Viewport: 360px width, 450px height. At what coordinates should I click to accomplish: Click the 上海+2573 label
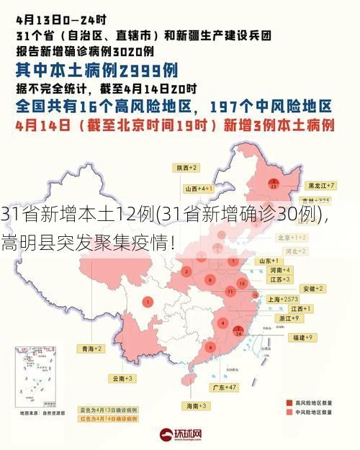point(282,298)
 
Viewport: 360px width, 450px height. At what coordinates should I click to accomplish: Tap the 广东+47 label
point(225,387)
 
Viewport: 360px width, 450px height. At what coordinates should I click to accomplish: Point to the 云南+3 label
point(123,377)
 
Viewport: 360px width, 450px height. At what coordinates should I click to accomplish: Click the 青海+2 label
point(91,348)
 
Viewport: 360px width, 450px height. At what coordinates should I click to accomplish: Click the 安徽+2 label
point(313,288)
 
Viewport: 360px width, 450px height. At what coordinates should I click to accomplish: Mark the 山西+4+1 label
point(199,188)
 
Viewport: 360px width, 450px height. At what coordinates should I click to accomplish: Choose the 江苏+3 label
point(280,279)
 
